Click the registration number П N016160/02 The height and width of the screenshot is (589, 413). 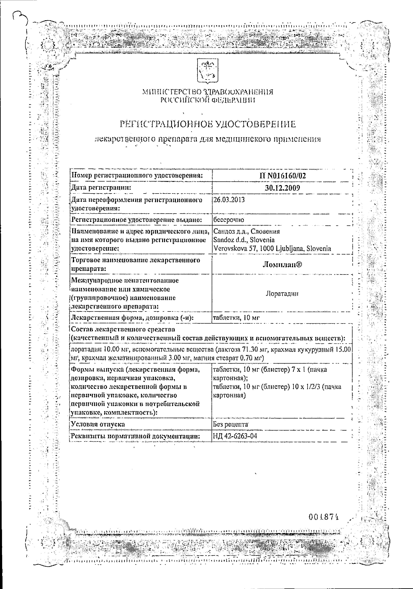pyautogui.click(x=282, y=176)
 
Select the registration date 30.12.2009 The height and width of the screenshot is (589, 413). pyautogui.click(x=282, y=188)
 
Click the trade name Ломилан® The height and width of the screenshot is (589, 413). pyautogui.click(x=282, y=265)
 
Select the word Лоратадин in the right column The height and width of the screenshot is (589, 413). pyautogui.click(x=282, y=293)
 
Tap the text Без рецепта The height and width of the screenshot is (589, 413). pyautogui.click(x=230, y=424)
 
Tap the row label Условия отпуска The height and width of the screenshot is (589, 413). pyautogui.click(x=98, y=424)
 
